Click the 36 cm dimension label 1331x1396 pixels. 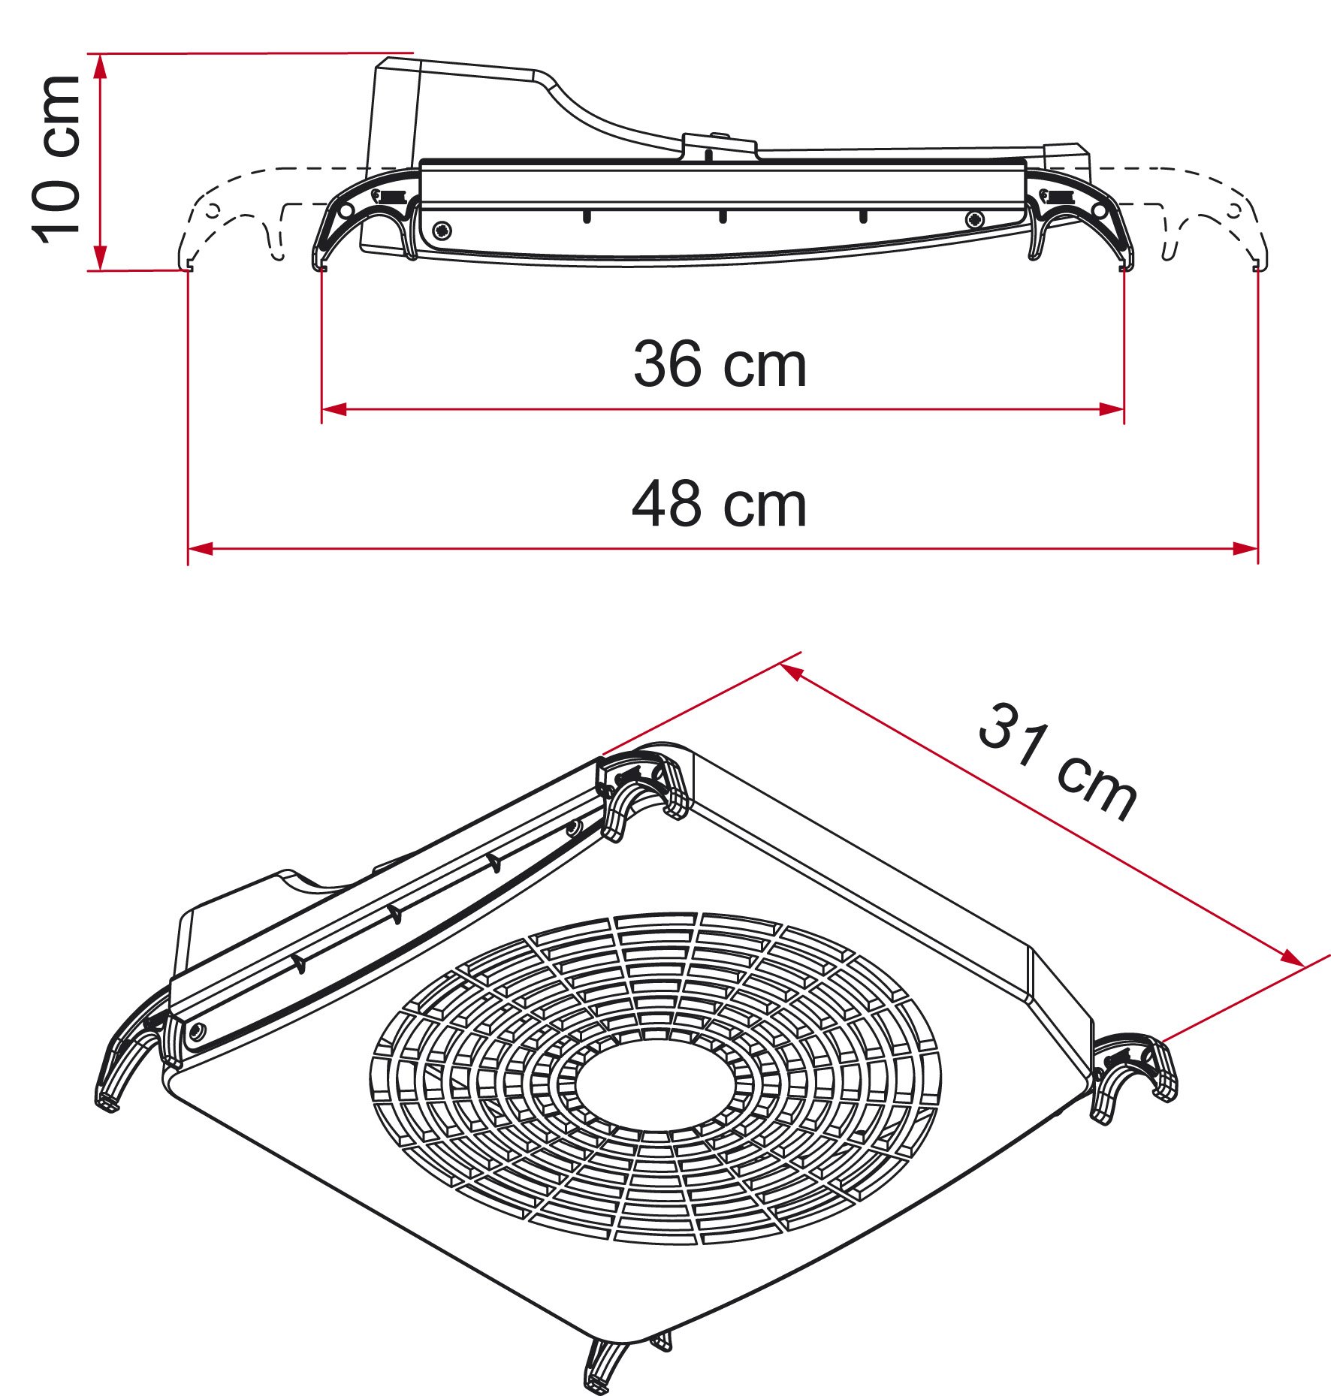(x=720, y=365)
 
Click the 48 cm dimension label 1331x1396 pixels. (x=720, y=505)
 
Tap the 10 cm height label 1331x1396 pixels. (x=56, y=159)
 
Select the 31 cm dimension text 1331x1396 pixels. (x=1058, y=762)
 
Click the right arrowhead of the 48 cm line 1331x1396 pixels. (x=1246, y=549)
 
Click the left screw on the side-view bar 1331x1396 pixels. (x=442, y=230)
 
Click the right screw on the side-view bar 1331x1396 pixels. (x=975, y=219)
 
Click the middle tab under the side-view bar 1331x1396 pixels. (x=723, y=216)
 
